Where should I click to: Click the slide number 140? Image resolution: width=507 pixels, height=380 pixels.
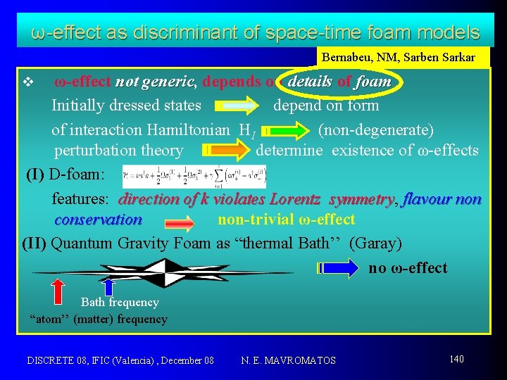click(x=457, y=359)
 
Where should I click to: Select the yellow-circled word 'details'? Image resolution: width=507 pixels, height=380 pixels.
click(x=310, y=82)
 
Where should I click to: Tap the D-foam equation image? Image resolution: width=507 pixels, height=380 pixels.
click(x=194, y=176)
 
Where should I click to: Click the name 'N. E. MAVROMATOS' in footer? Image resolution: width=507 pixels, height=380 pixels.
click(x=288, y=360)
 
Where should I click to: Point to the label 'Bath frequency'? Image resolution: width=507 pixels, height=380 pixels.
click(x=120, y=303)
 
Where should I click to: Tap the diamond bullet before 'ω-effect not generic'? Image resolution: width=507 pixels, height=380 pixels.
click(x=27, y=82)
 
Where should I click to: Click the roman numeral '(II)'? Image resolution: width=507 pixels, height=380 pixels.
click(x=35, y=243)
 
